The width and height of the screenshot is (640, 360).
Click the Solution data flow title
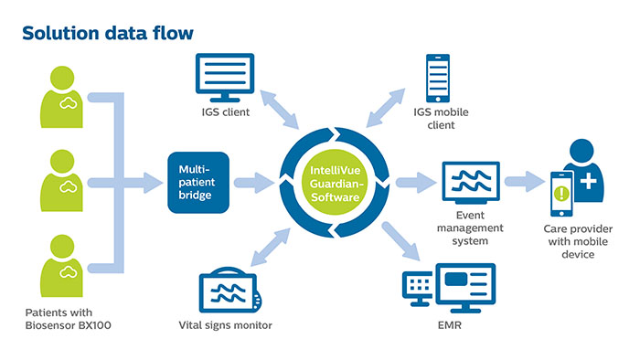(108, 34)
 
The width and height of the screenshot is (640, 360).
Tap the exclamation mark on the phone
(559, 193)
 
